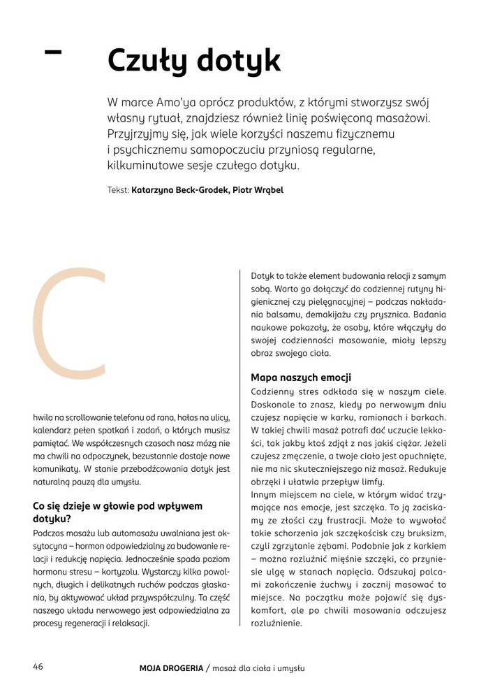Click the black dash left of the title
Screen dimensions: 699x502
tap(52, 51)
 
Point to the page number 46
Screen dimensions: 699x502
tap(38, 666)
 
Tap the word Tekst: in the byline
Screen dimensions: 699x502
tap(118, 190)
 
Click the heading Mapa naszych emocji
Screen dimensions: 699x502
tap(300, 377)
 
